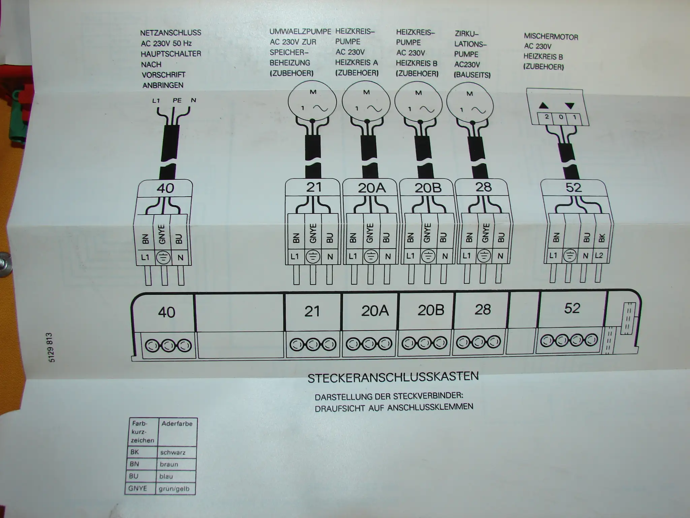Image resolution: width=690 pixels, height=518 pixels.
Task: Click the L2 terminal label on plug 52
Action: (x=599, y=255)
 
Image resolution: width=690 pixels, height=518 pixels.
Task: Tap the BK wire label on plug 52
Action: (x=601, y=238)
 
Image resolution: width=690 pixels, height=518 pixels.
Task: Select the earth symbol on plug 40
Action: (x=163, y=258)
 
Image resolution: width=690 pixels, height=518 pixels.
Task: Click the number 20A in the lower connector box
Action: (x=375, y=311)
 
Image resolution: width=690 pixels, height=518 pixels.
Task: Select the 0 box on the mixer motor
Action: (x=561, y=117)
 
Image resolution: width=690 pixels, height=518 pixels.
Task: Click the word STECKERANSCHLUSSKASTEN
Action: (x=393, y=377)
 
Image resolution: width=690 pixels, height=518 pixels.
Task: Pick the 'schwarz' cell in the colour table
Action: (x=172, y=453)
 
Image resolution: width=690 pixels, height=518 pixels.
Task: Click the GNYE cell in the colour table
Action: (x=138, y=488)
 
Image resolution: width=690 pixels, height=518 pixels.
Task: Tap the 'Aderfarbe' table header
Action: (x=177, y=424)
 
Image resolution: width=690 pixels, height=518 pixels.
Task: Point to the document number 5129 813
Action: (x=51, y=347)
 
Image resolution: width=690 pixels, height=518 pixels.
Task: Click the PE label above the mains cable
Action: (x=177, y=100)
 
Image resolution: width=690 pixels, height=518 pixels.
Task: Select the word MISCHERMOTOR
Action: (x=551, y=36)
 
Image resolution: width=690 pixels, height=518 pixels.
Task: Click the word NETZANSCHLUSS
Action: (x=170, y=33)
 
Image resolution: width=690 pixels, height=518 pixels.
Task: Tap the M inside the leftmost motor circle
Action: (x=313, y=92)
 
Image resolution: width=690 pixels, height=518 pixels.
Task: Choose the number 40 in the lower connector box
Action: (x=166, y=312)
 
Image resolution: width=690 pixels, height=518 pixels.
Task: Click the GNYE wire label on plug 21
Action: (x=313, y=233)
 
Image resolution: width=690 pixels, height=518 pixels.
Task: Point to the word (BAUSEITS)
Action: (x=472, y=75)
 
